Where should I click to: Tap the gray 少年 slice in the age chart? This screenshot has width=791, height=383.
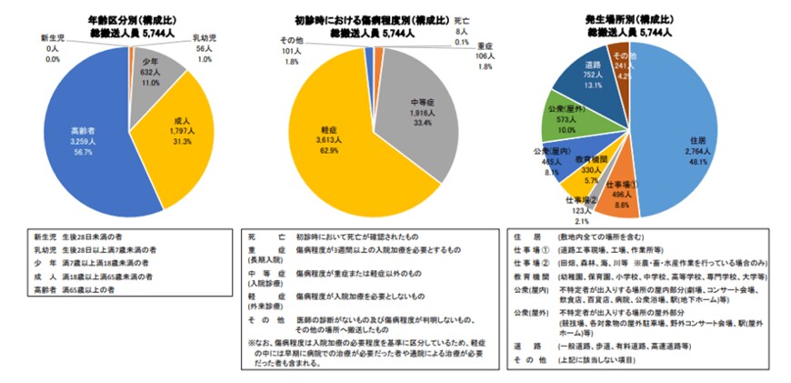149,76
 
